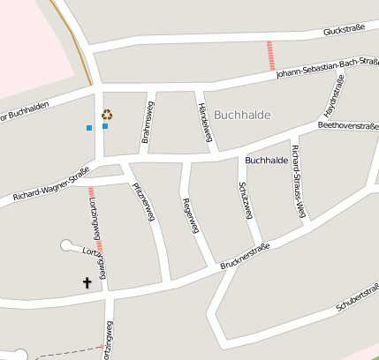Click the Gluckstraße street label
coord(344,31)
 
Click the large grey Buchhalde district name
coord(242,115)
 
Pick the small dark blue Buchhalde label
coord(266,160)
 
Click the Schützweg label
coord(246,201)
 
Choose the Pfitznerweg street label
coord(143,201)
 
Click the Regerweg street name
coord(188,215)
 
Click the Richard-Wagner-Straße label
coord(51,189)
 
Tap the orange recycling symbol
coord(107,114)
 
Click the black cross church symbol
coord(87,282)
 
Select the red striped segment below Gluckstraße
coord(270,56)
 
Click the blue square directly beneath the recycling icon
coord(105,126)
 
